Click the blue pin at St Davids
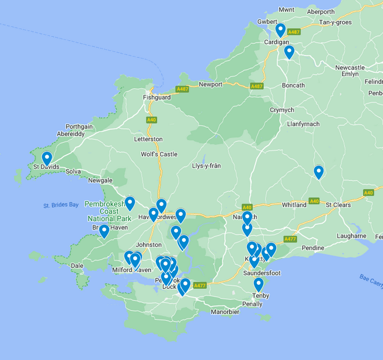[47, 158]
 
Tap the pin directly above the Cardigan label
[281, 30]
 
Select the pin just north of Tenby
[259, 284]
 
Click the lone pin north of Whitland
[319, 172]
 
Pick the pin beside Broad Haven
[104, 231]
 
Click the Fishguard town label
[156, 97]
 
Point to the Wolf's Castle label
[159, 154]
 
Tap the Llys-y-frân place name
[207, 166]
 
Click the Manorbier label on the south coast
[225, 312]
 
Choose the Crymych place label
[282, 110]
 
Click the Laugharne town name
[351, 236]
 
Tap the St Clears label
[338, 205]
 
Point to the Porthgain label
[79, 126]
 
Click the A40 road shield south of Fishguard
[152, 120]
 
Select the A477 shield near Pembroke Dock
[200, 285]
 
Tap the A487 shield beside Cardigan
[294, 32]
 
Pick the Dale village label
[77, 265]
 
